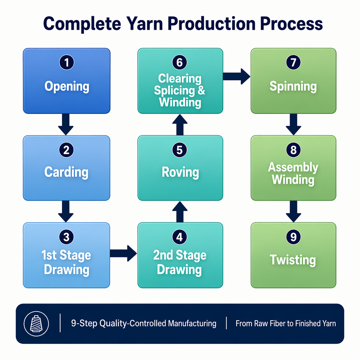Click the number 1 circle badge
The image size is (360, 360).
[x=67, y=63]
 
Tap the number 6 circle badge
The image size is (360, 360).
[x=180, y=63]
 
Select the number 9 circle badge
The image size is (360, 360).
[x=293, y=237]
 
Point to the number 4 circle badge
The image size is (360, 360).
[x=180, y=237]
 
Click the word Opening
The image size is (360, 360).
[x=67, y=86]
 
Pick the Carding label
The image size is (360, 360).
[x=66, y=172]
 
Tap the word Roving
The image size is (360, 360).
[x=180, y=172]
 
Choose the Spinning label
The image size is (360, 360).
[x=293, y=86]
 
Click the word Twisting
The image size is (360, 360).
[x=293, y=260]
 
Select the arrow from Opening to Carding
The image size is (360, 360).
[x=66, y=124]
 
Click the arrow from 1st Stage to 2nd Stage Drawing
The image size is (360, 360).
[x=123, y=253]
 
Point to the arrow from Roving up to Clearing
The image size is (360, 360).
[x=180, y=124]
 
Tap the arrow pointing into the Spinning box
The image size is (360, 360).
[x=237, y=76]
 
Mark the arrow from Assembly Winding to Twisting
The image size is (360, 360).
[x=293, y=211]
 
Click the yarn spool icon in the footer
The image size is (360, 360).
[x=36, y=324]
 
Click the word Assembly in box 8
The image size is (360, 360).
[x=293, y=167]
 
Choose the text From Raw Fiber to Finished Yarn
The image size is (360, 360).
[x=286, y=324]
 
